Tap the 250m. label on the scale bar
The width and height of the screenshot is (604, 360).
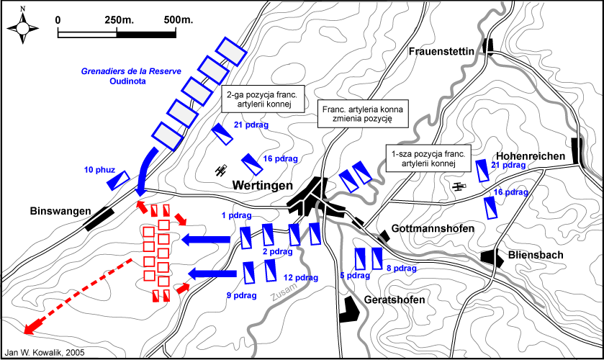119,19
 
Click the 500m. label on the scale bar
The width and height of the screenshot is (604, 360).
179,19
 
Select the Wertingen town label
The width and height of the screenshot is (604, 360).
262,185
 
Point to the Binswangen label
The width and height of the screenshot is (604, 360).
60,211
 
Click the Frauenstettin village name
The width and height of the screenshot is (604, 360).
441,51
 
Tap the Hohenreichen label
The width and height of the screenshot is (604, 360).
531,156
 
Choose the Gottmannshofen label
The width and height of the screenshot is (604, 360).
433,228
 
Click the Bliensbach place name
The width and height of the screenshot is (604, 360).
536,255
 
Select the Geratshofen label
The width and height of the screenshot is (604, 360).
395,300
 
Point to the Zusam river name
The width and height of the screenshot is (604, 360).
284,292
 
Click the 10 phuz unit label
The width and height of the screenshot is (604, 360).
99,170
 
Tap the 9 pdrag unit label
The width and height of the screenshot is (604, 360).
241,295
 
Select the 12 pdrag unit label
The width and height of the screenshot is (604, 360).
301,277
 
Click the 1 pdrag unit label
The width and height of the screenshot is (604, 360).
237,215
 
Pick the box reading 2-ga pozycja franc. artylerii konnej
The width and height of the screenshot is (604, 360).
263,99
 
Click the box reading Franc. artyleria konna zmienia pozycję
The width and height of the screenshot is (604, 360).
363,114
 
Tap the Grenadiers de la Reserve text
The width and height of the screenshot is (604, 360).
131,71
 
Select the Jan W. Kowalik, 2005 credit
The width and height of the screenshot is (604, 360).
45,352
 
